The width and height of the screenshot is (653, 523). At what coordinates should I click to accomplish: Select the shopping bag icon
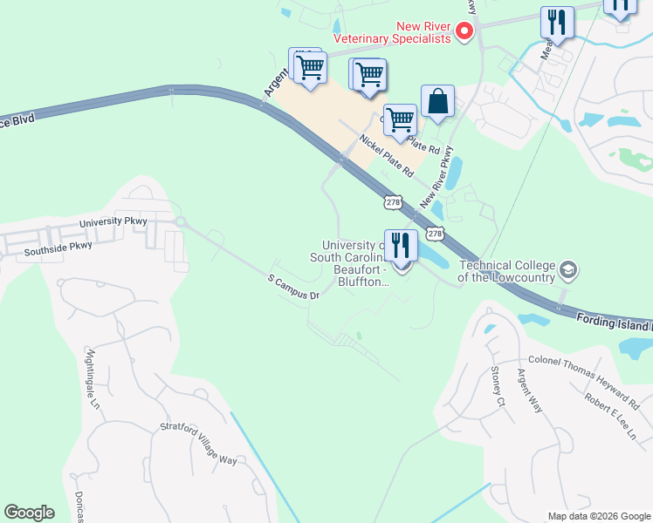coord(437,101)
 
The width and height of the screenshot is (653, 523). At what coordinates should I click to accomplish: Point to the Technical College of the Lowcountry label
coord(506,272)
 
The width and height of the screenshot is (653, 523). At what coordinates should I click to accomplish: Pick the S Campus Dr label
coord(293,289)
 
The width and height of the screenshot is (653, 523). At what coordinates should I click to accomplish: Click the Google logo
coord(29,513)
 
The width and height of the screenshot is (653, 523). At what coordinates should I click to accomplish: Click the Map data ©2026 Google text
coord(599,516)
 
